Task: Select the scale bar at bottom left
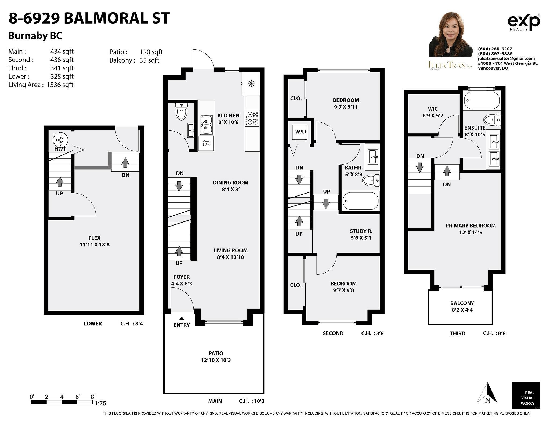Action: pyautogui.click(x=62, y=402)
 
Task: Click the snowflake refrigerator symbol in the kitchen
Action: pyautogui.click(x=251, y=83)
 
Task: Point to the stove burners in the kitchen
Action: pyautogui.click(x=252, y=118)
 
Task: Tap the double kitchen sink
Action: pyautogui.click(x=206, y=125)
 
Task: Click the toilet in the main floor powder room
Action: pyautogui.click(x=182, y=111)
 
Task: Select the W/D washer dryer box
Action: pyautogui.click(x=301, y=132)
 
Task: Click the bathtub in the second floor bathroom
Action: pyautogui.click(x=361, y=201)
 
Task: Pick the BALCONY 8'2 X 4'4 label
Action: pyautogui.click(x=462, y=306)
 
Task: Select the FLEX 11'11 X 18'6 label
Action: pyautogui.click(x=94, y=241)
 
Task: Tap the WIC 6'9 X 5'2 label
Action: pyautogui.click(x=432, y=112)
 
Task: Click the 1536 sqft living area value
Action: pyautogui.click(x=60, y=85)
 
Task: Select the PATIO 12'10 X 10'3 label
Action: pyautogui.click(x=216, y=357)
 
